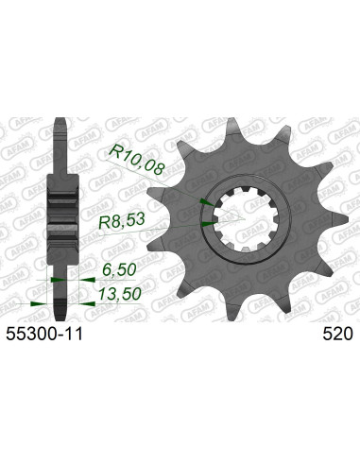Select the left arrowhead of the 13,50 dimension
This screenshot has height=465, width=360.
click(36, 303)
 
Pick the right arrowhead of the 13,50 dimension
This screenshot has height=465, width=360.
click(85, 303)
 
